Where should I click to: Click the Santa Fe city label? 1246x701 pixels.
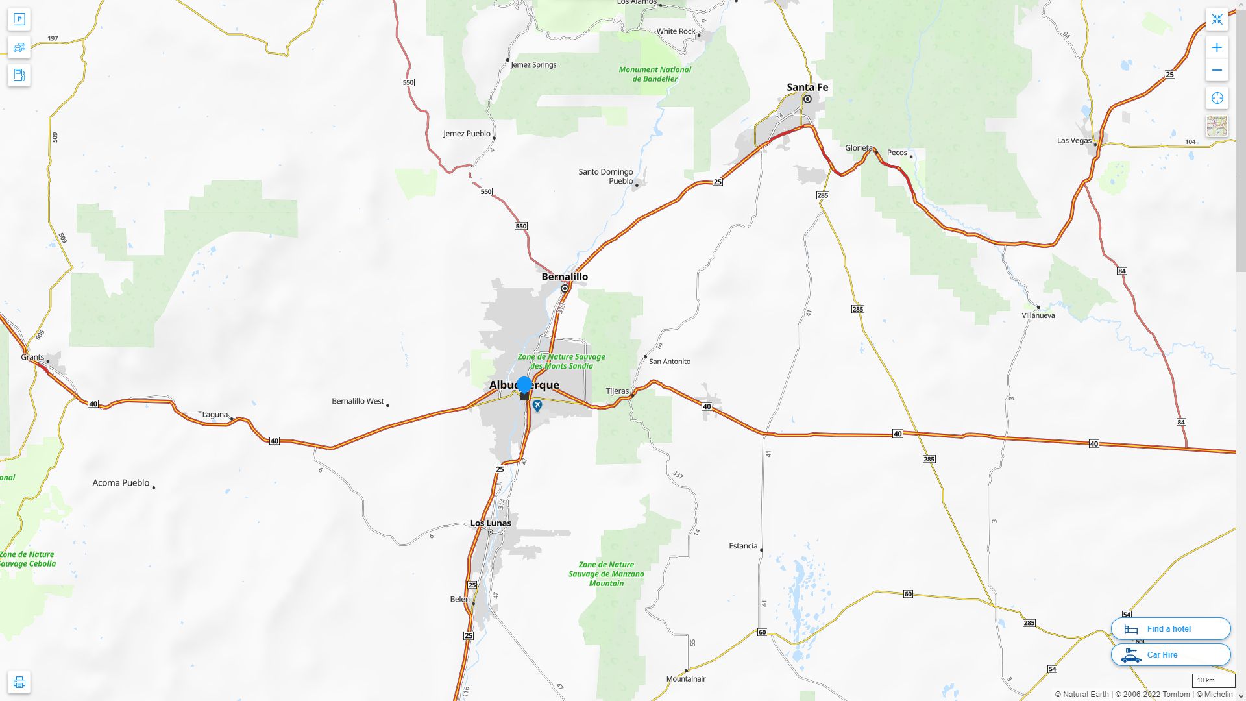(x=807, y=87)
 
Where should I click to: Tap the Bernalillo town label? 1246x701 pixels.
(x=565, y=277)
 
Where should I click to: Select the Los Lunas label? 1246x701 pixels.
(x=490, y=523)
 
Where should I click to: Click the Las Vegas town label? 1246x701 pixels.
(x=1074, y=140)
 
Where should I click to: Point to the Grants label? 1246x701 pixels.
(x=32, y=357)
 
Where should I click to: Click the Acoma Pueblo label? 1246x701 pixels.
(x=121, y=483)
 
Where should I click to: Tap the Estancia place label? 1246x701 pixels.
(x=743, y=546)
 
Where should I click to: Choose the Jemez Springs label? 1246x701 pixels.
(x=533, y=65)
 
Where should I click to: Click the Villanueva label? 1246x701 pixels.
(x=1038, y=315)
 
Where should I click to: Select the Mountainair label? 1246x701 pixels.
(x=686, y=679)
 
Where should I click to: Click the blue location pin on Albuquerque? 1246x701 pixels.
(x=524, y=386)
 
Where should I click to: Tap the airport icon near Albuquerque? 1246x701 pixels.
(x=537, y=406)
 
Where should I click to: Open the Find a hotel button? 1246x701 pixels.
(x=1170, y=628)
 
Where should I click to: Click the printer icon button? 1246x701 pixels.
(x=19, y=682)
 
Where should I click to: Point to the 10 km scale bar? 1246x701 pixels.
(x=1214, y=680)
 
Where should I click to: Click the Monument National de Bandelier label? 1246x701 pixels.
(x=655, y=74)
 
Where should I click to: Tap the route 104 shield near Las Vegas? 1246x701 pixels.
(x=1190, y=141)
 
